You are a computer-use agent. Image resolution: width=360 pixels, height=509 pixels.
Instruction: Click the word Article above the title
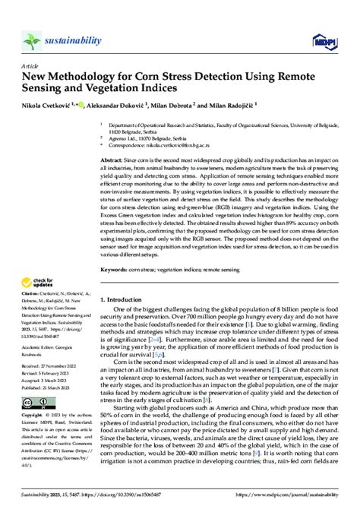point(33,67)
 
